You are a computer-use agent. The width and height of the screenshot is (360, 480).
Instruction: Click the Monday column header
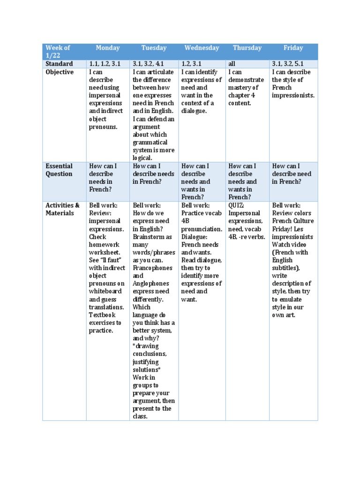coord(108,48)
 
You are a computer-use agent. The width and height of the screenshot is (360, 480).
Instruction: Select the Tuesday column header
coord(154,48)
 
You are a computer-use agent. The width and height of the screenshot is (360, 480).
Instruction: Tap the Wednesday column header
coord(202,48)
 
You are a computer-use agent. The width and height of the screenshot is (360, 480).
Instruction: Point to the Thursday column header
coord(247,48)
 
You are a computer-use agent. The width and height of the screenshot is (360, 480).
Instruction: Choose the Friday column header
coord(293,48)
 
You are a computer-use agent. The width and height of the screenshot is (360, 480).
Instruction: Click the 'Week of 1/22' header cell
coord(58,52)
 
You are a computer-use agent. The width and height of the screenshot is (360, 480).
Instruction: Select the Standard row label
coord(59,64)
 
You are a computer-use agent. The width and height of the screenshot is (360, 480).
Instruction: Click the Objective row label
coord(60,72)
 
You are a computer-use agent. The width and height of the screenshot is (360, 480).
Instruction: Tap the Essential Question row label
coord(59,170)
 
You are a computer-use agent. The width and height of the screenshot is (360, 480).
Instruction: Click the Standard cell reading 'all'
coord(232,64)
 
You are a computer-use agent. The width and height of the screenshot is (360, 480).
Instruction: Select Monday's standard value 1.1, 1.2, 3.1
coord(105,64)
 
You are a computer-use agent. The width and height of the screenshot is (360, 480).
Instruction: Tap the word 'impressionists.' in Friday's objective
coord(293,96)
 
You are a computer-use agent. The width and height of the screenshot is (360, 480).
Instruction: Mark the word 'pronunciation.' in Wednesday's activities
coord(202,229)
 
